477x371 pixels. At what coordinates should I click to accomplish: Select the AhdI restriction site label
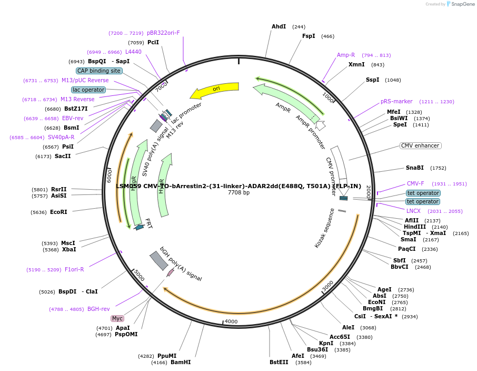pyautogui.click(x=279, y=26)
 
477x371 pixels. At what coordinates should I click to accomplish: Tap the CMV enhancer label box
pyautogui.click(x=420, y=145)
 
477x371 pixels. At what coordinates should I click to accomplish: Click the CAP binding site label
pyautogui.click(x=99, y=71)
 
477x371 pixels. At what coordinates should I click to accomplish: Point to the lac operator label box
pyautogui.click(x=88, y=90)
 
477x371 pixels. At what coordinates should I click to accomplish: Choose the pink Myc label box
pyautogui.click(x=117, y=318)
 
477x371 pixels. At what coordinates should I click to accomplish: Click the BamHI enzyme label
pyautogui.click(x=181, y=362)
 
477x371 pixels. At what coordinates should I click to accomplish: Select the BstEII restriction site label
pyautogui.click(x=279, y=362)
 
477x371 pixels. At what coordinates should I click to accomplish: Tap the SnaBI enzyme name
pyautogui.click(x=415, y=168)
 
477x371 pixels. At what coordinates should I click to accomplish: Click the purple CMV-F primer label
pyautogui.click(x=415, y=183)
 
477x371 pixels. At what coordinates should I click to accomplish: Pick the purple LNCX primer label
pyautogui.click(x=413, y=211)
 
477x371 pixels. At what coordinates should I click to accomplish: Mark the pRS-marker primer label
pyautogui.click(x=396, y=101)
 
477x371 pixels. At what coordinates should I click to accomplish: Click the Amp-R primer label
pyautogui.click(x=346, y=55)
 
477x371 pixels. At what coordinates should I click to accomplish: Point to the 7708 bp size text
pyautogui.click(x=238, y=193)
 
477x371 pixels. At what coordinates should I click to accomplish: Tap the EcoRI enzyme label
pyautogui.click(x=59, y=212)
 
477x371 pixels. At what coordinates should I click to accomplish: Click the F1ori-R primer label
pyautogui.click(x=74, y=269)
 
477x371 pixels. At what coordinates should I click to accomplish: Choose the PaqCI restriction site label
pyautogui.click(x=406, y=249)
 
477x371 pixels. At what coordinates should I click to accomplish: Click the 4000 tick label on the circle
pyautogui.click(x=231, y=321)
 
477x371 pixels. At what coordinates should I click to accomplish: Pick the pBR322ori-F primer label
pyautogui.click(x=163, y=33)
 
